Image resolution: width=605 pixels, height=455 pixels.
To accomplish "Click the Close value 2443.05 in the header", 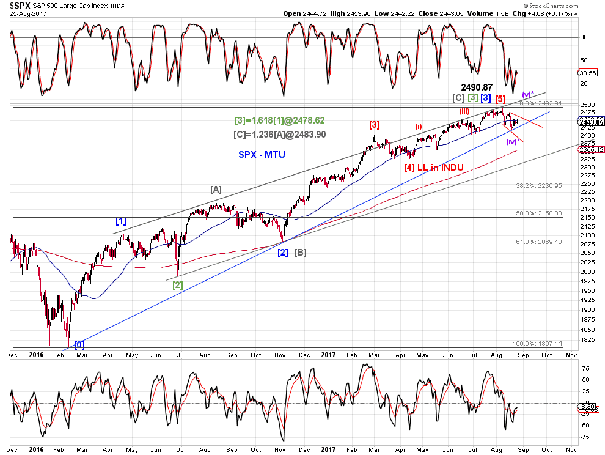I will click(x=449, y=13).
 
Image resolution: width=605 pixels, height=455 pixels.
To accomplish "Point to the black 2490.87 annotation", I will click(x=477, y=87).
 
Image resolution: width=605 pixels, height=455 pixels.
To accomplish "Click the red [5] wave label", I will click(x=500, y=98).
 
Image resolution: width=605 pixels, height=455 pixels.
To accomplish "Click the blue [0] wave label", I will click(x=79, y=344).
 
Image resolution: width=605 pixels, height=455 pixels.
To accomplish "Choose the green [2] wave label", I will click(x=177, y=284).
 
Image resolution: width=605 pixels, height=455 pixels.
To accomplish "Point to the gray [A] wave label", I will click(x=216, y=190).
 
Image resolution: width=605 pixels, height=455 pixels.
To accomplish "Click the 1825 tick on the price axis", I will click(x=588, y=339).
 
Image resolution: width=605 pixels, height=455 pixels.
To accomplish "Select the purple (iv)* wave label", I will click(x=512, y=142).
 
